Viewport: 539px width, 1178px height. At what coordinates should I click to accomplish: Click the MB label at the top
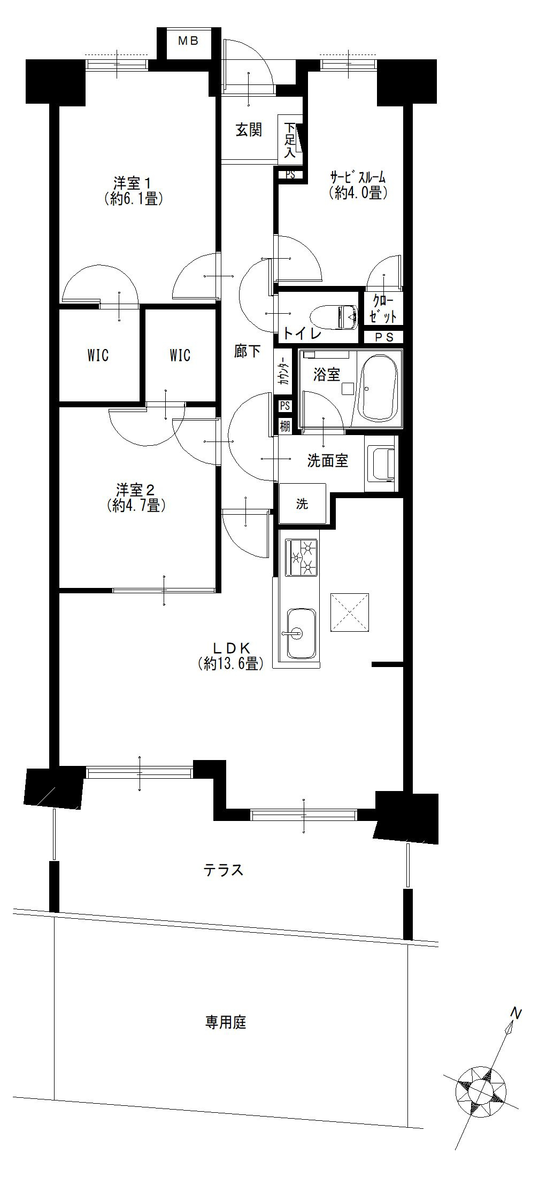tap(188, 41)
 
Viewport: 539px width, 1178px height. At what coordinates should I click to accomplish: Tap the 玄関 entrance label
tap(249, 130)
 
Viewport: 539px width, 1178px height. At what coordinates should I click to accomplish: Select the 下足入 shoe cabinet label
tap(289, 140)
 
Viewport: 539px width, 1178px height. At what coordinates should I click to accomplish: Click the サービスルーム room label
tap(358, 185)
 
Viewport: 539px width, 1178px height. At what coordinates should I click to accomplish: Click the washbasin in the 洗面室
tap(381, 463)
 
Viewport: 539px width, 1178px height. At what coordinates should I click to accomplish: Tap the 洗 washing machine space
tap(302, 503)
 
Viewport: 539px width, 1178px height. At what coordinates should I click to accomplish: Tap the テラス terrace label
tap(224, 870)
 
